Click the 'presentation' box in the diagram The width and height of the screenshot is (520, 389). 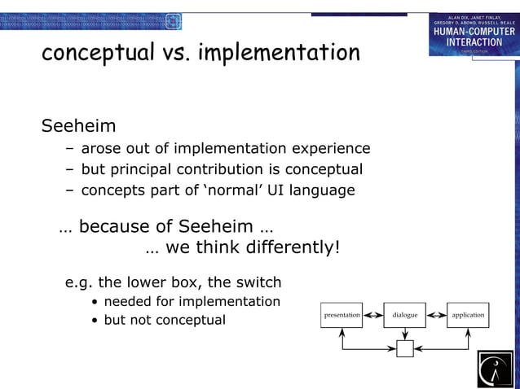pos(342,315)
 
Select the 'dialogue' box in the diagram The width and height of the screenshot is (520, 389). pos(404,315)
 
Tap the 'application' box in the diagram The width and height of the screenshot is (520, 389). pos(468,315)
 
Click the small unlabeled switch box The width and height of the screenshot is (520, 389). pos(405,349)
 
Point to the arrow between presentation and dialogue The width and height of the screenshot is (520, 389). pos(373,315)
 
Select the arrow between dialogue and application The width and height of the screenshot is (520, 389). pos(436,315)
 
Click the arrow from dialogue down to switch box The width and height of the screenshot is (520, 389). pos(405,334)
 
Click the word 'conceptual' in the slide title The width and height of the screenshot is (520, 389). pos(97,53)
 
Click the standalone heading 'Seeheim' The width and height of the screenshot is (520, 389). pos(78,127)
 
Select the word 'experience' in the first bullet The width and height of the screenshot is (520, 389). pos(330,148)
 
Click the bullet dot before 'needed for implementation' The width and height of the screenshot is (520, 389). pos(96,302)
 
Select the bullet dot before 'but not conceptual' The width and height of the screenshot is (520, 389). pos(96,321)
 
